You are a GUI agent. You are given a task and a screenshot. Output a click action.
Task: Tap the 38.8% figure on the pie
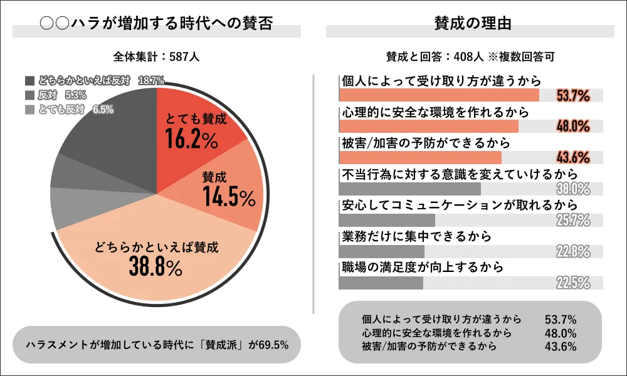point(155,266)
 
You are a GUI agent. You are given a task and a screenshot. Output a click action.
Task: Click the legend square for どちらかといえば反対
point(30,80)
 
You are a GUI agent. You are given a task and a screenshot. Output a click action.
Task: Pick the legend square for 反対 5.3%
point(30,95)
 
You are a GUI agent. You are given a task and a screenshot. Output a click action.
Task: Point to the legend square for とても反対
point(30,110)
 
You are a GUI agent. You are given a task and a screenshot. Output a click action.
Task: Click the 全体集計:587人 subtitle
point(157,56)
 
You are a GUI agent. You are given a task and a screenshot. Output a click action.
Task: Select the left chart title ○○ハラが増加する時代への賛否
point(157,24)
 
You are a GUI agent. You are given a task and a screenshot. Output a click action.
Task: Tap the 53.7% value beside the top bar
point(573,96)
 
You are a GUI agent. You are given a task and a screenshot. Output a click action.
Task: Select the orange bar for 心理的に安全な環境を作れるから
point(428,126)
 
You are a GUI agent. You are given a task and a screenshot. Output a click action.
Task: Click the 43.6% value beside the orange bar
point(573,157)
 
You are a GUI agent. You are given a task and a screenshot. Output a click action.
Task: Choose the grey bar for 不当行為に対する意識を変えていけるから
point(409,189)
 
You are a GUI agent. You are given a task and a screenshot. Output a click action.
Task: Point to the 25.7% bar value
point(573,220)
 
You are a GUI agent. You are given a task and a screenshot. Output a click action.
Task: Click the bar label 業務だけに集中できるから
point(415,236)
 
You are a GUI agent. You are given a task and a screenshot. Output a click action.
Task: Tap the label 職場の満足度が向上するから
point(423,268)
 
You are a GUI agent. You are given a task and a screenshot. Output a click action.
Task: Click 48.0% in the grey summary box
point(561,333)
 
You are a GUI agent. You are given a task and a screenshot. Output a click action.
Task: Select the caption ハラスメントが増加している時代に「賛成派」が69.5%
point(157,344)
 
